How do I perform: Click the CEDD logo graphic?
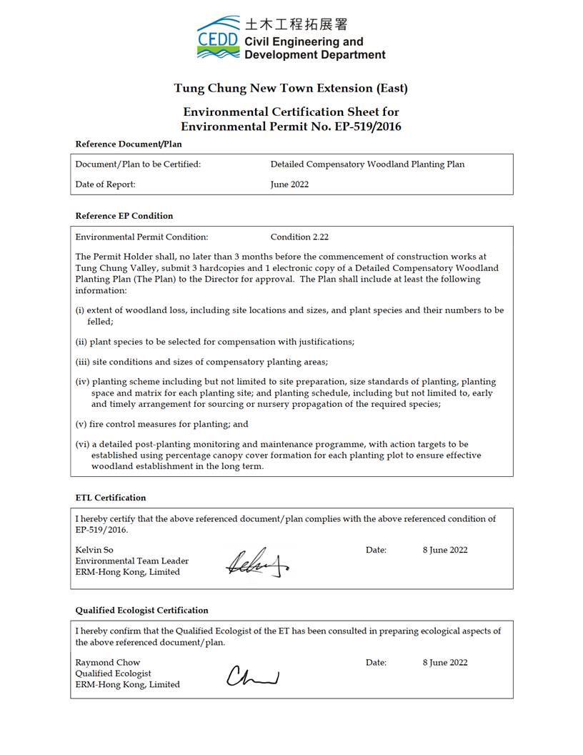(218, 37)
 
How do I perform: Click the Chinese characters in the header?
(296, 24)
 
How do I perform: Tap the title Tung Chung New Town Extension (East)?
(291, 89)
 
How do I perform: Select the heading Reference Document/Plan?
(129, 144)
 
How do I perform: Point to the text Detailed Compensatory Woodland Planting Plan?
(367, 164)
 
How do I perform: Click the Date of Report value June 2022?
(289, 184)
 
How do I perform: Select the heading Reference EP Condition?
(124, 216)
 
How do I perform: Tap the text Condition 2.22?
(299, 237)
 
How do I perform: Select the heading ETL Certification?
(111, 498)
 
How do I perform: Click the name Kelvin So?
(94, 551)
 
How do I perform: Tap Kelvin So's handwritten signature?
(256, 563)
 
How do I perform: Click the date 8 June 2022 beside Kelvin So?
(444, 551)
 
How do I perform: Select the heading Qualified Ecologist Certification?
(142, 611)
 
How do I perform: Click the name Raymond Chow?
(108, 663)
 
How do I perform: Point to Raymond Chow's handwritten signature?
(252, 676)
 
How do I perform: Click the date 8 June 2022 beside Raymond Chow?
(444, 663)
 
